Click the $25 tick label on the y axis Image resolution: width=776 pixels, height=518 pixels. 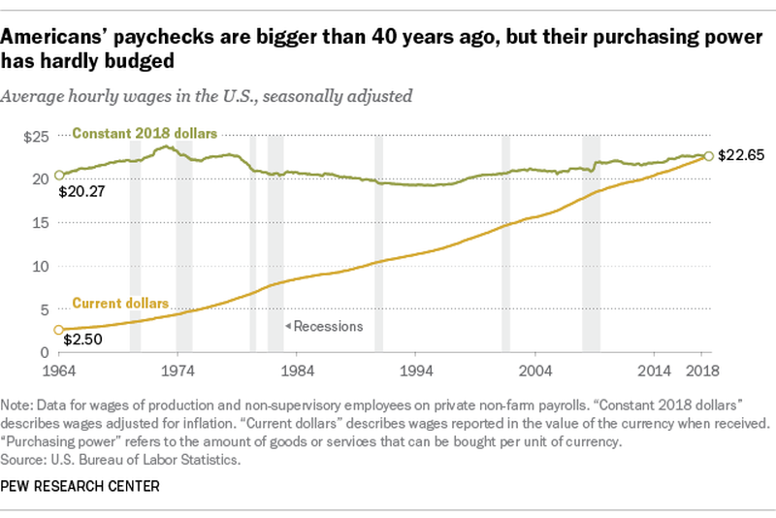pos(37,137)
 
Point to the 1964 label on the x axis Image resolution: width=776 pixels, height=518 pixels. pos(58,370)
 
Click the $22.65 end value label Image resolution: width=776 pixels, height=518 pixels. pos(742,155)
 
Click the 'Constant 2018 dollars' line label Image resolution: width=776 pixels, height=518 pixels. pos(145,133)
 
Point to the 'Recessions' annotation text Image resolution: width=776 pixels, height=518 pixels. pos(327,326)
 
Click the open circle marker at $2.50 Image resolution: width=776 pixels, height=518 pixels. pos(58,330)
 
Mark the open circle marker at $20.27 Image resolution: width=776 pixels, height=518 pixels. pos(58,175)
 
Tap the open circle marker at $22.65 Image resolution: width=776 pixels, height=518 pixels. pos(709,155)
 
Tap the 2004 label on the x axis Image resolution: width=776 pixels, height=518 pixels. pos(535,370)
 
